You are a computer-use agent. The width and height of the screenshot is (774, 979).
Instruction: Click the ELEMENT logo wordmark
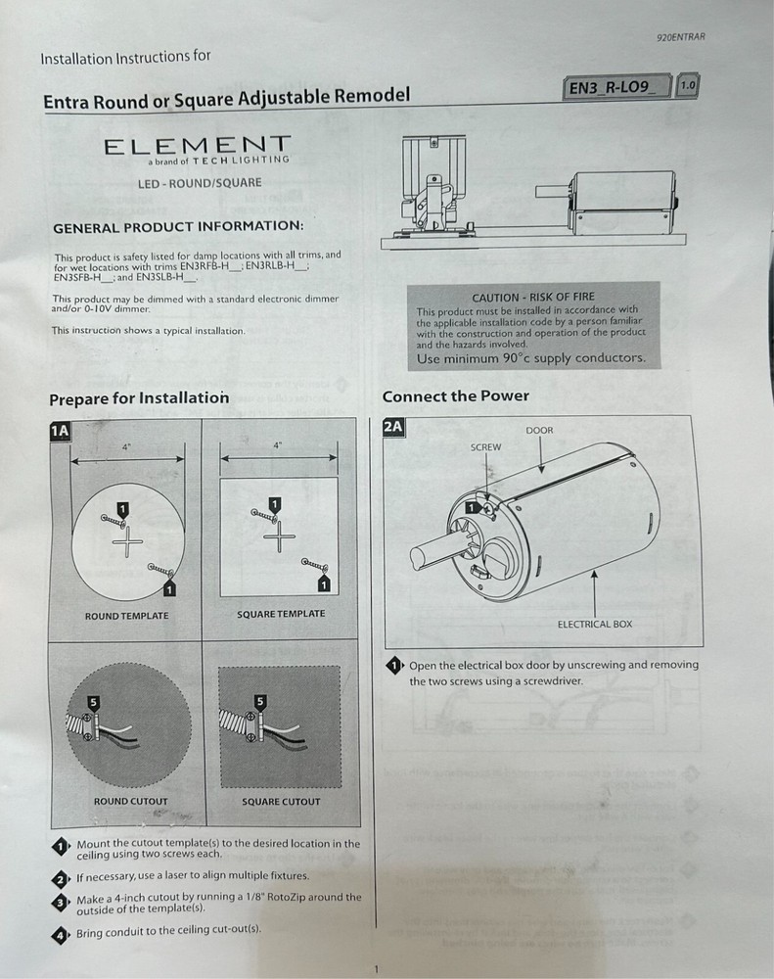click(x=197, y=147)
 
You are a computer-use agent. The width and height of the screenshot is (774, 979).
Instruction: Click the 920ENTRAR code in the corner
click(x=681, y=38)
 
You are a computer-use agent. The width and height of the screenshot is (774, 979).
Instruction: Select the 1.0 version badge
click(x=687, y=86)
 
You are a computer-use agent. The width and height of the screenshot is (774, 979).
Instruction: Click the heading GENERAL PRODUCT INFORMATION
click(x=178, y=227)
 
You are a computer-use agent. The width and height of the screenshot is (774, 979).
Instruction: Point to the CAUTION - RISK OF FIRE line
click(x=532, y=297)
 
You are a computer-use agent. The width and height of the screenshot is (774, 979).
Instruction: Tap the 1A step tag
click(x=59, y=430)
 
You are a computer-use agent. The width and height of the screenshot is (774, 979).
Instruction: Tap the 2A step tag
click(x=392, y=427)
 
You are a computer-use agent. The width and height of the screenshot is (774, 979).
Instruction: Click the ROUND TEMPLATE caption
click(x=126, y=616)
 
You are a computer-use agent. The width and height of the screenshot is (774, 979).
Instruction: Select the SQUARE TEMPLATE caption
click(x=281, y=614)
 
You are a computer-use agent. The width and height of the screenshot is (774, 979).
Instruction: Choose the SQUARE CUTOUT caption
click(x=281, y=802)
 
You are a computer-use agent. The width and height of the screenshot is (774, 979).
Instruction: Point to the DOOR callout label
click(x=539, y=431)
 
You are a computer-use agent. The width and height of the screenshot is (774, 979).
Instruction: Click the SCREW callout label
click(x=485, y=447)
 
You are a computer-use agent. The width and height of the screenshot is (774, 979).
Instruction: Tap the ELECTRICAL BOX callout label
click(x=595, y=624)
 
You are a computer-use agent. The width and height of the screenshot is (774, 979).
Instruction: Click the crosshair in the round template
click(x=126, y=541)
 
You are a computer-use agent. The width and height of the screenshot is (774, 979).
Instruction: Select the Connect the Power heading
click(x=455, y=396)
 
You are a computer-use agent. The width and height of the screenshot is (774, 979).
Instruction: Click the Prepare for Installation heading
click(x=138, y=398)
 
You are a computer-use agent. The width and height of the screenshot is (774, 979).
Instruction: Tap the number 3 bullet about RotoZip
click(x=60, y=901)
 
